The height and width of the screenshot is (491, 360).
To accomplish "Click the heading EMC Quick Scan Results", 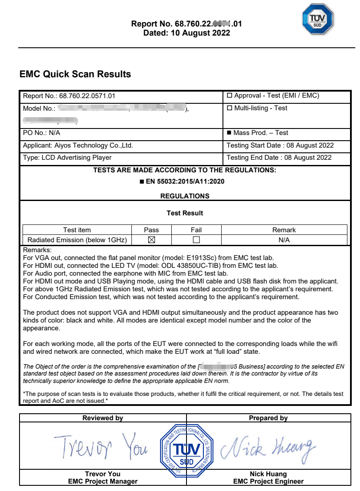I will tap(75, 74).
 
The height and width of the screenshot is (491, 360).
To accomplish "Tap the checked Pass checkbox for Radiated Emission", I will tap(151, 240).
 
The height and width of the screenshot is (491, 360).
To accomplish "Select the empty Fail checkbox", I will tap(196, 240).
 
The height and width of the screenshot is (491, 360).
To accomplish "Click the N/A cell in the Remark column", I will tap(284, 240).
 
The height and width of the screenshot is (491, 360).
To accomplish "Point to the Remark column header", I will tap(284, 230).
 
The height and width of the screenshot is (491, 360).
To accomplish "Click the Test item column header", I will tap(77, 230).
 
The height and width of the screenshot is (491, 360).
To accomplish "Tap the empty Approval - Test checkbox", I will tap(230, 96).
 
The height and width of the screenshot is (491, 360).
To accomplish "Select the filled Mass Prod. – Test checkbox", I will tap(229, 133).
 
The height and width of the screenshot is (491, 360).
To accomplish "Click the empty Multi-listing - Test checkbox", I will tap(230, 108).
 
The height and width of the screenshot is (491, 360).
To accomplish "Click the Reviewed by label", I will tap(103, 418).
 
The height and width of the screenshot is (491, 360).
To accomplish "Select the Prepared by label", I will tap(268, 418).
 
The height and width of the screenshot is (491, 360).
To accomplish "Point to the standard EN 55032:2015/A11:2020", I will tap(185, 181).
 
